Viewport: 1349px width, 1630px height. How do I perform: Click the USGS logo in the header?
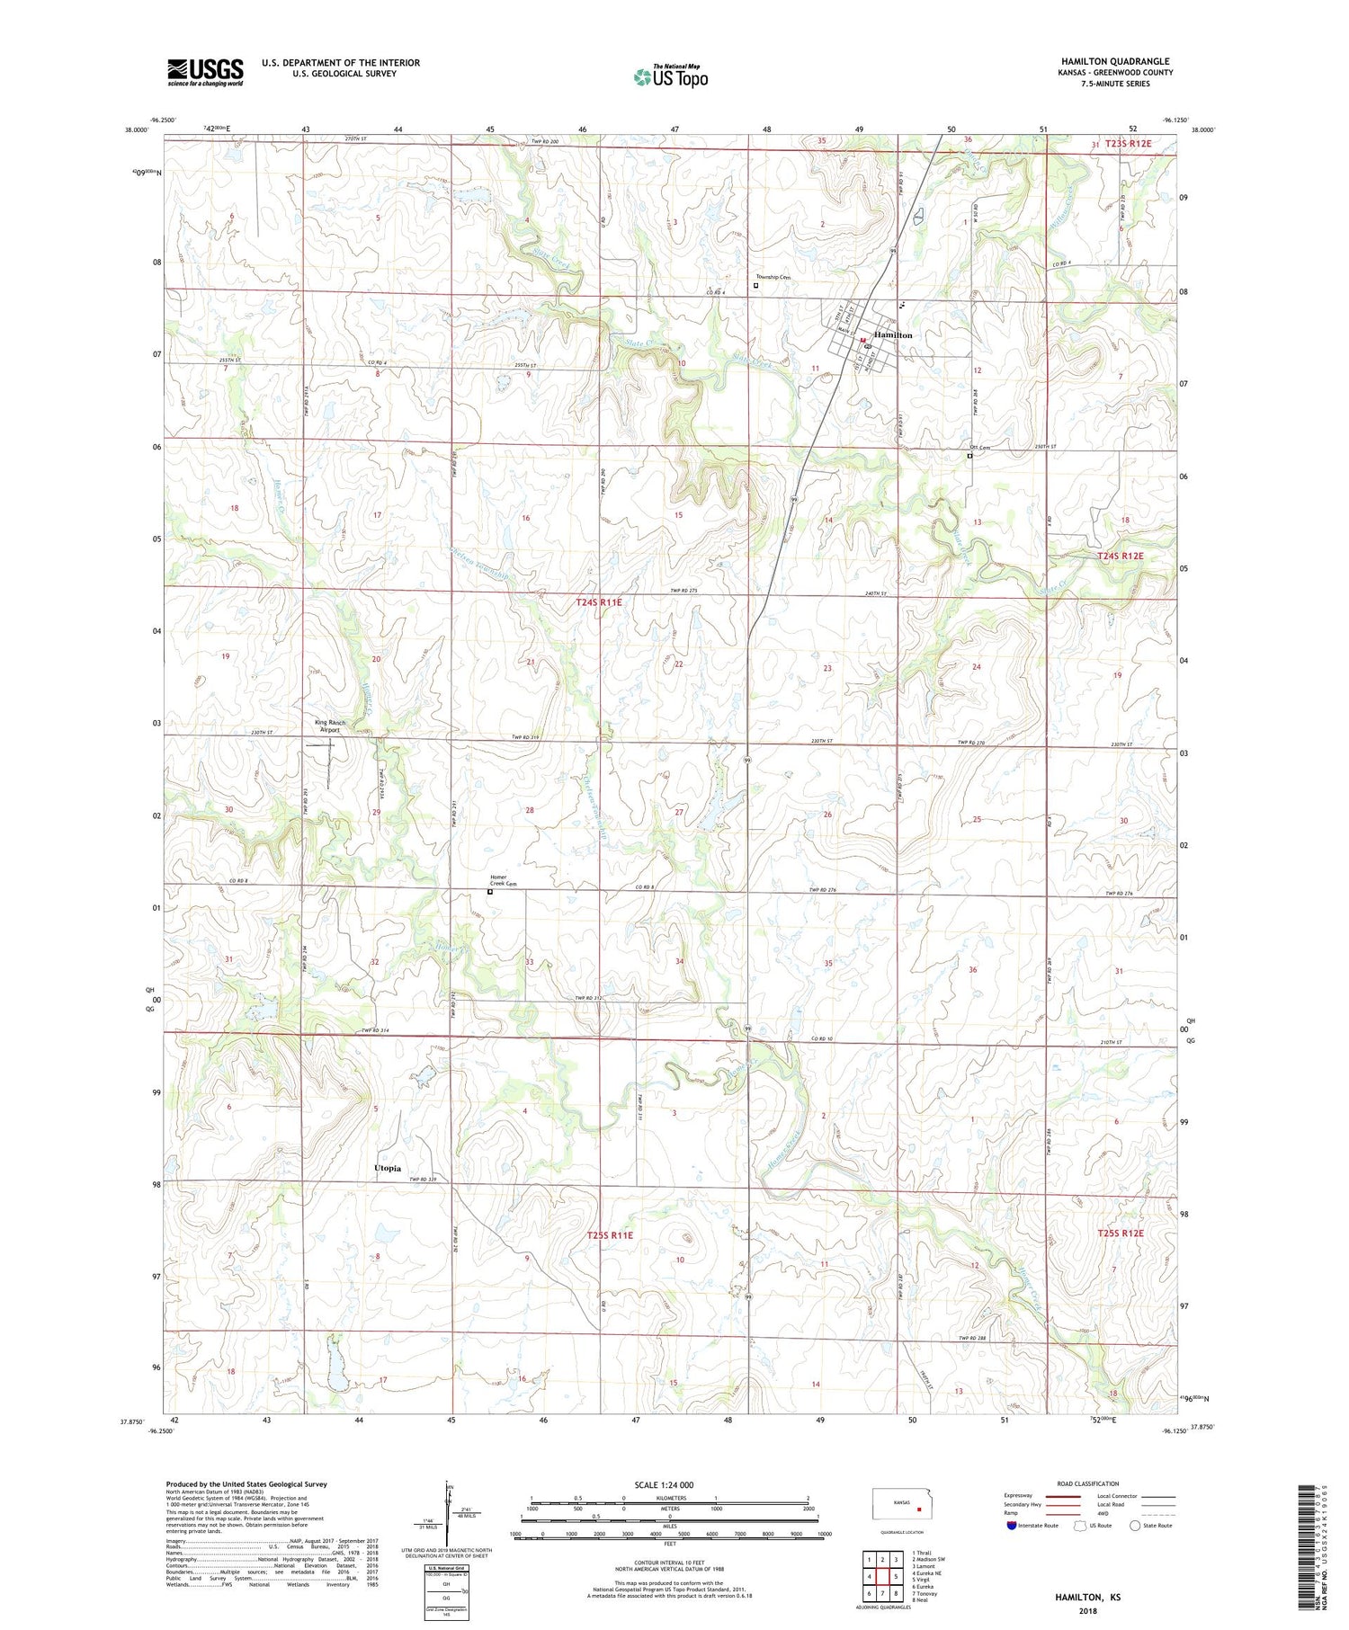click(x=205, y=72)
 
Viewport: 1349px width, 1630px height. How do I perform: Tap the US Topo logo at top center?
click(x=670, y=77)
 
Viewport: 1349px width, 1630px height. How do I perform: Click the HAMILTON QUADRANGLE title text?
click(x=1115, y=61)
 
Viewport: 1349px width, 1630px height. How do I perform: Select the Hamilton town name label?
click(x=893, y=334)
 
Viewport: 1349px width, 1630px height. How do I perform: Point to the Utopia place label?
click(x=387, y=1168)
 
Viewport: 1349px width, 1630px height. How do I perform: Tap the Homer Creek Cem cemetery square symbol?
click(x=490, y=893)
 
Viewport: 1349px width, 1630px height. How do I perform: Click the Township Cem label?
click(x=773, y=277)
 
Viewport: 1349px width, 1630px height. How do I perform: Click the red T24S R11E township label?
click(x=598, y=602)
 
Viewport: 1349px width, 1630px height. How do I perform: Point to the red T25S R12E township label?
click(x=1120, y=1233)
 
